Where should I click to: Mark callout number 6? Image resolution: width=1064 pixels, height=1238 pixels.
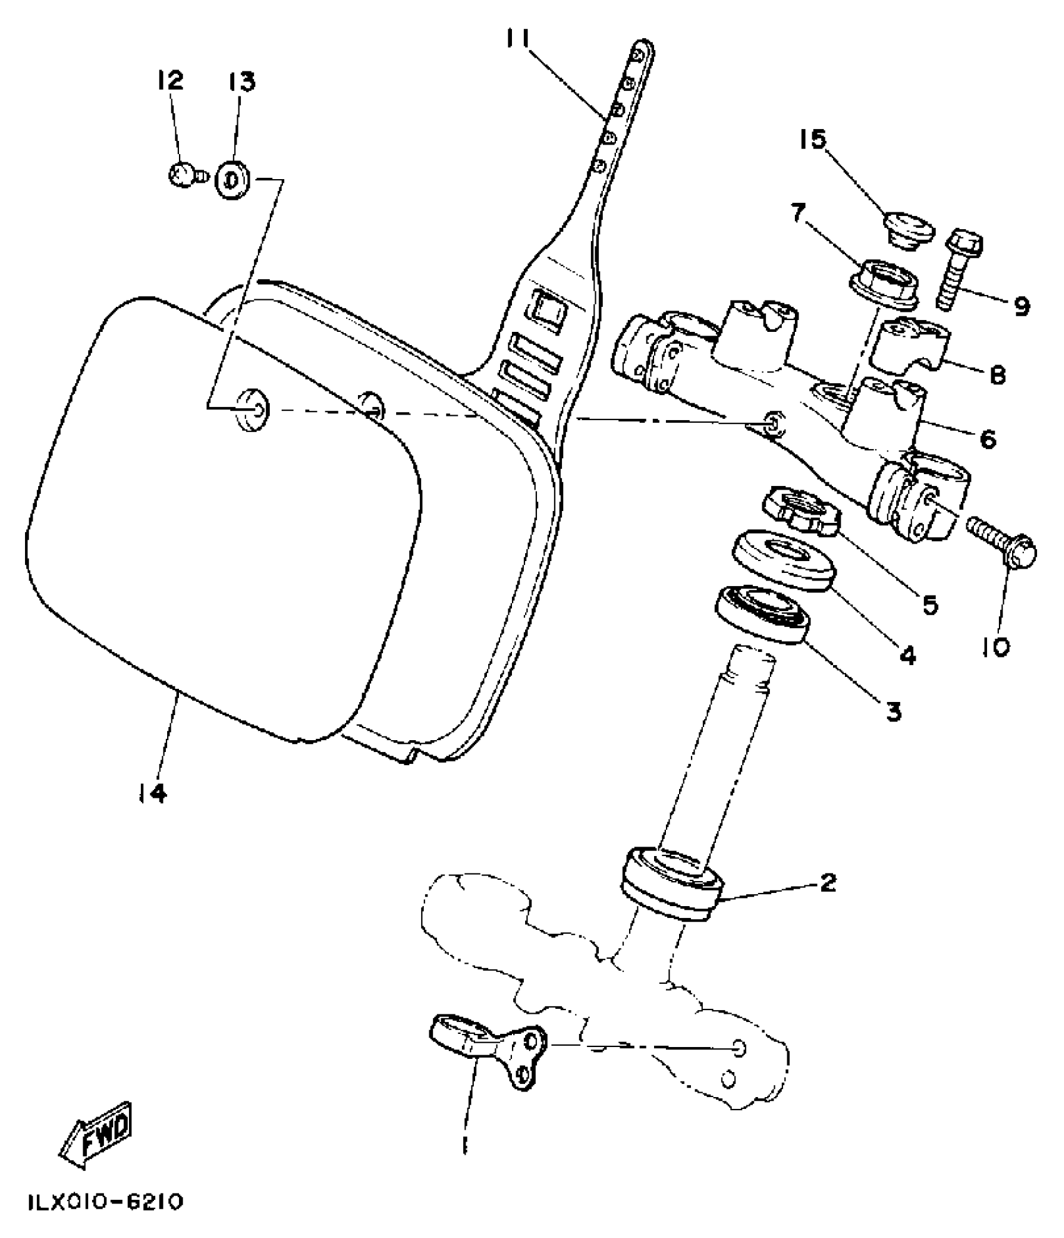[988, 439]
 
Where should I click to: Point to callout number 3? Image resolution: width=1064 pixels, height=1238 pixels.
[893, 710]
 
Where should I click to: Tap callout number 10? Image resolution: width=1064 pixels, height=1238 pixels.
[996, 646]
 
